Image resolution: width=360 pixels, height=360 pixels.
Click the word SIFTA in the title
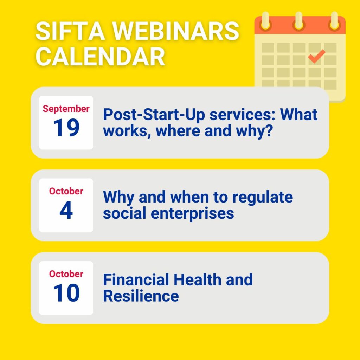(x=70, y=31)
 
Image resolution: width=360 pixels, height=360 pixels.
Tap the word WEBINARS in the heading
(x=176, y=31)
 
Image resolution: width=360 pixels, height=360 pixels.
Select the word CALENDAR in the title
(x=100, y=56)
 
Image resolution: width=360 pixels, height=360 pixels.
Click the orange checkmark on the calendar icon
(x=316, y=56)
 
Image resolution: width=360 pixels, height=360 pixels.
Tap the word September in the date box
(x=66, y=109)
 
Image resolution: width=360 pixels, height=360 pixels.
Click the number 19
(x=66, y=127)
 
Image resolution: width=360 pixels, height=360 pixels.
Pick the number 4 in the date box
(x=66, y=210)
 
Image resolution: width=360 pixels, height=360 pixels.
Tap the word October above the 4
(x=66, y=191)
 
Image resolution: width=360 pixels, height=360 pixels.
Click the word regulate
(x=262, y=198)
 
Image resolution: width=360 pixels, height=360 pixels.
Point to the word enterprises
(x=192, y=213)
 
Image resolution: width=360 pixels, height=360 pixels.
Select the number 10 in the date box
(x=66, y=293)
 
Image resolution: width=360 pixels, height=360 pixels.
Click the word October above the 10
(x=66, y=274)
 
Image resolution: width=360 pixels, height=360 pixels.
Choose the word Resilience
(x=141, y=296)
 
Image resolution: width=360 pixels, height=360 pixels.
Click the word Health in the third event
(x=197, y=279)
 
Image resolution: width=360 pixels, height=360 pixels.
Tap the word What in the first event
(x=299, y=114)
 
